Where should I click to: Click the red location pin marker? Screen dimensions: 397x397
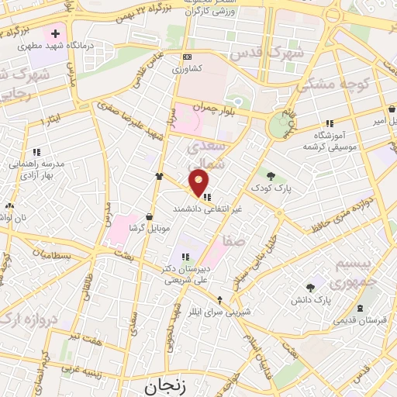click(199, 183)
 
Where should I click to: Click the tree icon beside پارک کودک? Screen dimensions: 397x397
click(271, 175)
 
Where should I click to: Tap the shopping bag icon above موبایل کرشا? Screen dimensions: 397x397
click(150, 217)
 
